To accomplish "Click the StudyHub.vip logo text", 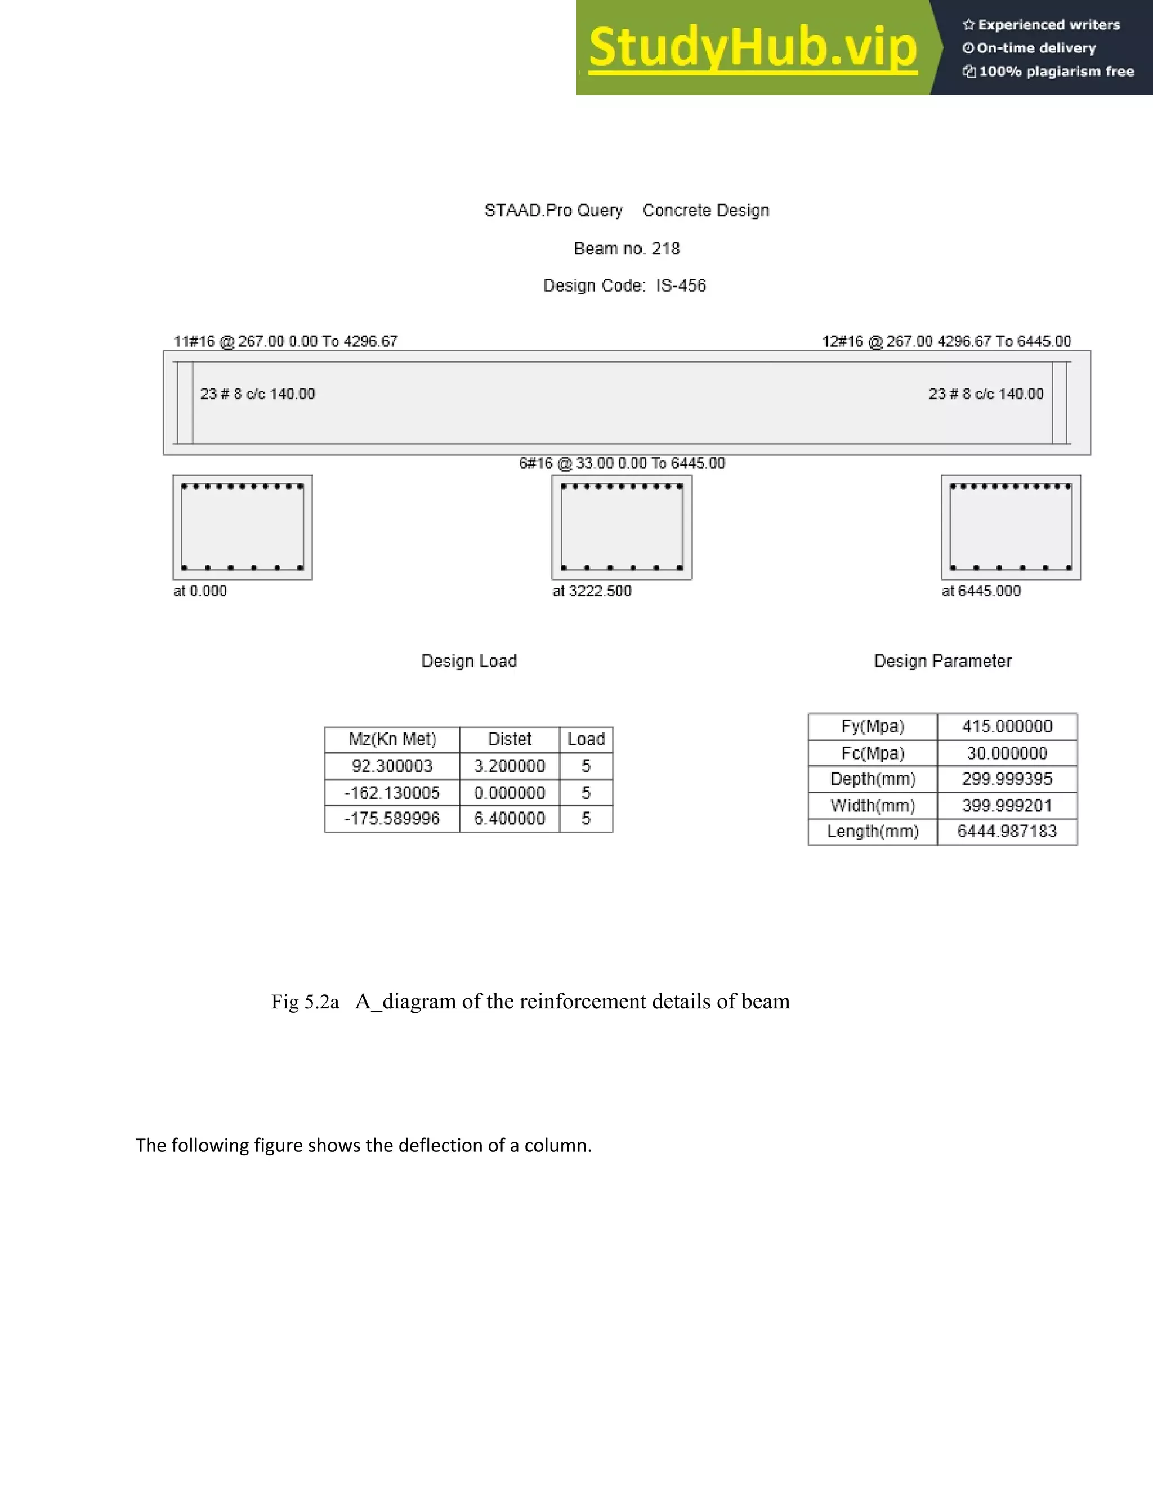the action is (752, 47).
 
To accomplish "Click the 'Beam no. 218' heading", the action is (627, 249).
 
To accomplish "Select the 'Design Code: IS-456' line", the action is (624, 285).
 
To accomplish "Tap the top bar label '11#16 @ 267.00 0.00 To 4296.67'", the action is (285, 341).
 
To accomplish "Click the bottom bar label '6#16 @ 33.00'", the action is (622, 463).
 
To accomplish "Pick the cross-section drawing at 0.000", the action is (243, 528).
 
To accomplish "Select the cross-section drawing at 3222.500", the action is (622, 528).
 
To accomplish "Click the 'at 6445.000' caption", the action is (981, 591).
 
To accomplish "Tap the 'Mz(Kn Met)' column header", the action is (392, 739).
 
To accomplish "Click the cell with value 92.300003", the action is (392, 766).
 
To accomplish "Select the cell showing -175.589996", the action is (392, 819).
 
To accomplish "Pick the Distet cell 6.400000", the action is (510, 819).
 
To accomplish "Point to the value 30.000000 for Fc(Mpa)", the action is (1007, 753).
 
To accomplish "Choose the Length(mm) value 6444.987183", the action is (1007, 832).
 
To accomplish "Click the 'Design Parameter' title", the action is (942, 662).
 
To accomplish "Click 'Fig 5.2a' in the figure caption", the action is (305, 1002).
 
